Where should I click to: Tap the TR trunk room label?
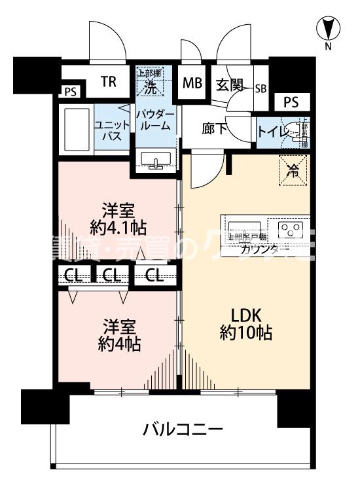pos(109,82)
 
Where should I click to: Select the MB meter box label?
pos(192,83)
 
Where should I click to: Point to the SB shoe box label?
pos(261,88)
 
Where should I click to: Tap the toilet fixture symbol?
pos(295,132)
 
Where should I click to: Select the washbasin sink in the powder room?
pos(156,160)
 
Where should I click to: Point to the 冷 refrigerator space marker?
pos(293,172)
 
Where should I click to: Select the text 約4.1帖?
pos(118,228)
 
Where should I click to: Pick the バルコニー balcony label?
pos(183,430)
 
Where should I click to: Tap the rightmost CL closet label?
pos(155,276)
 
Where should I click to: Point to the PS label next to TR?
pos(69,92)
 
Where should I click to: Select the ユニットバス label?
pos(106,129)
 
